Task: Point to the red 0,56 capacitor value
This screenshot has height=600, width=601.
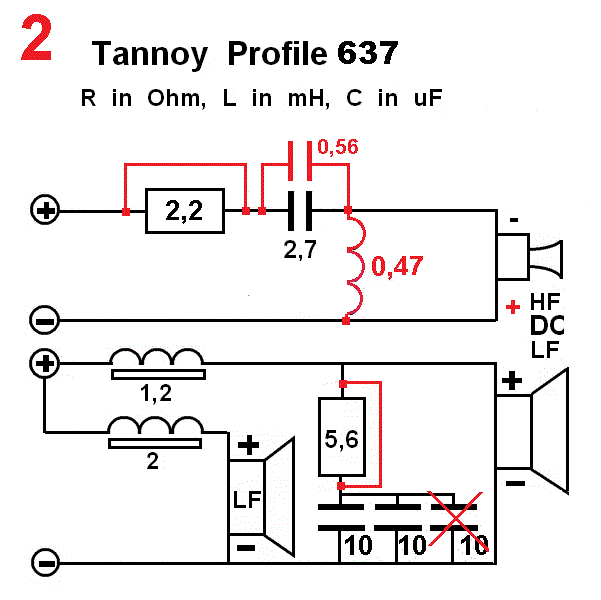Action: [x=337, y=147]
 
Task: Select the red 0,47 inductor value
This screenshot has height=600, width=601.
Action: [x=397, y=266]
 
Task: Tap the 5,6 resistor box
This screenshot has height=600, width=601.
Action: [x=342, y=437]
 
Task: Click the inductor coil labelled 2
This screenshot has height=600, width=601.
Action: [x=156, y=427]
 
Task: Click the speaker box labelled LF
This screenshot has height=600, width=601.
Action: [x=247, y=496]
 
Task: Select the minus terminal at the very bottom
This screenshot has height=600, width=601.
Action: [x=44, y=562]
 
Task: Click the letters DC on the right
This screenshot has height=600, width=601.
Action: [x=545, y=325]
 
